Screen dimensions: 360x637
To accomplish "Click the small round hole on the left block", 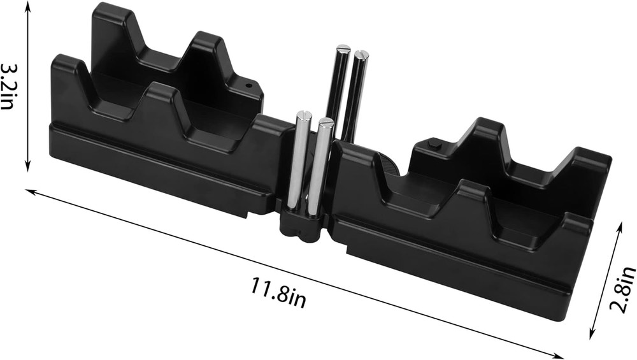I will (250, 83).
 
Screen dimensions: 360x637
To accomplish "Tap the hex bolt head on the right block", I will (435, 146).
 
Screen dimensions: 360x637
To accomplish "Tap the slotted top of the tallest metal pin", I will (343, 48).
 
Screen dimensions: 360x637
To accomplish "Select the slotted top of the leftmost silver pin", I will (302, 115).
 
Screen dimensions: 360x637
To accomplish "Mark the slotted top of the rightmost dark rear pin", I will (362, 55).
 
